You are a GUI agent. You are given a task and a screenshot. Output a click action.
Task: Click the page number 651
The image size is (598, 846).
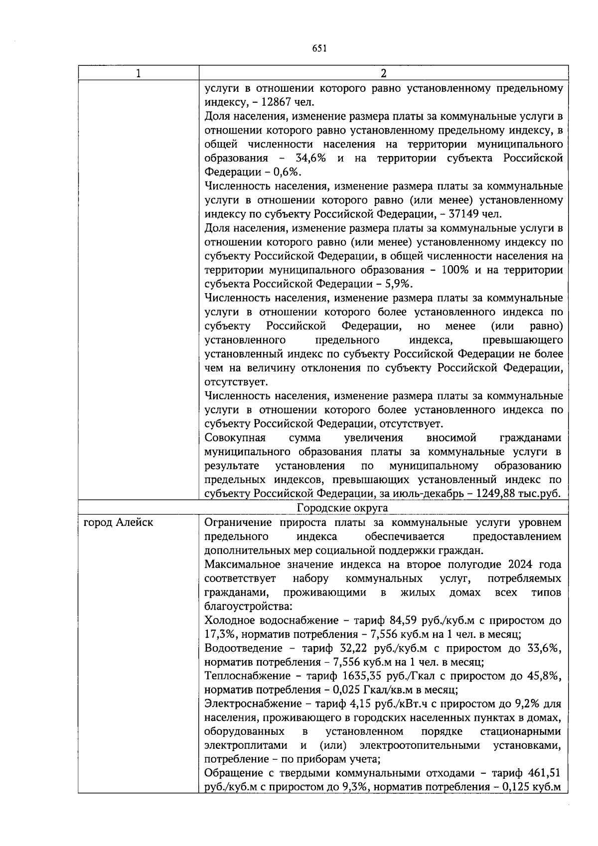[319, 48]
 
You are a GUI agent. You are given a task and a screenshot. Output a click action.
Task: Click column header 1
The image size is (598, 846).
[138, 73]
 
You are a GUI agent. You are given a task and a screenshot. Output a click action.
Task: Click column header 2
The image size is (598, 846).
[383, 73]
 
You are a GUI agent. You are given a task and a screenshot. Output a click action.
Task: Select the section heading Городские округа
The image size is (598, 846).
[342, 508]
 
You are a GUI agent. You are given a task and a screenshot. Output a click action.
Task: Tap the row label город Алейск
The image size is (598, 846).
[118, 522]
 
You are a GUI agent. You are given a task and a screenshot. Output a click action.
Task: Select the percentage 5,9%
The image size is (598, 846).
[398, 284]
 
